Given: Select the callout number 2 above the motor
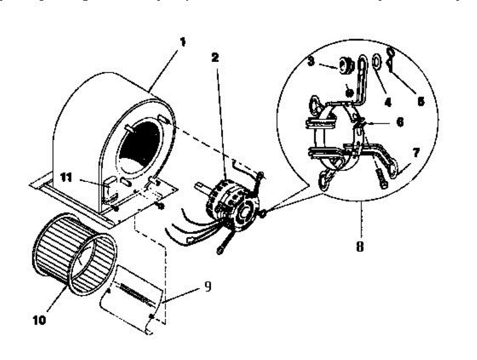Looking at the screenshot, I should point(215,58).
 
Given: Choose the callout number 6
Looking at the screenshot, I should point(400,121).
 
